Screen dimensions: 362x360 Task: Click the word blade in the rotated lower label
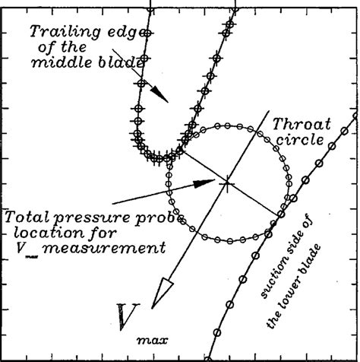click(327, 259)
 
